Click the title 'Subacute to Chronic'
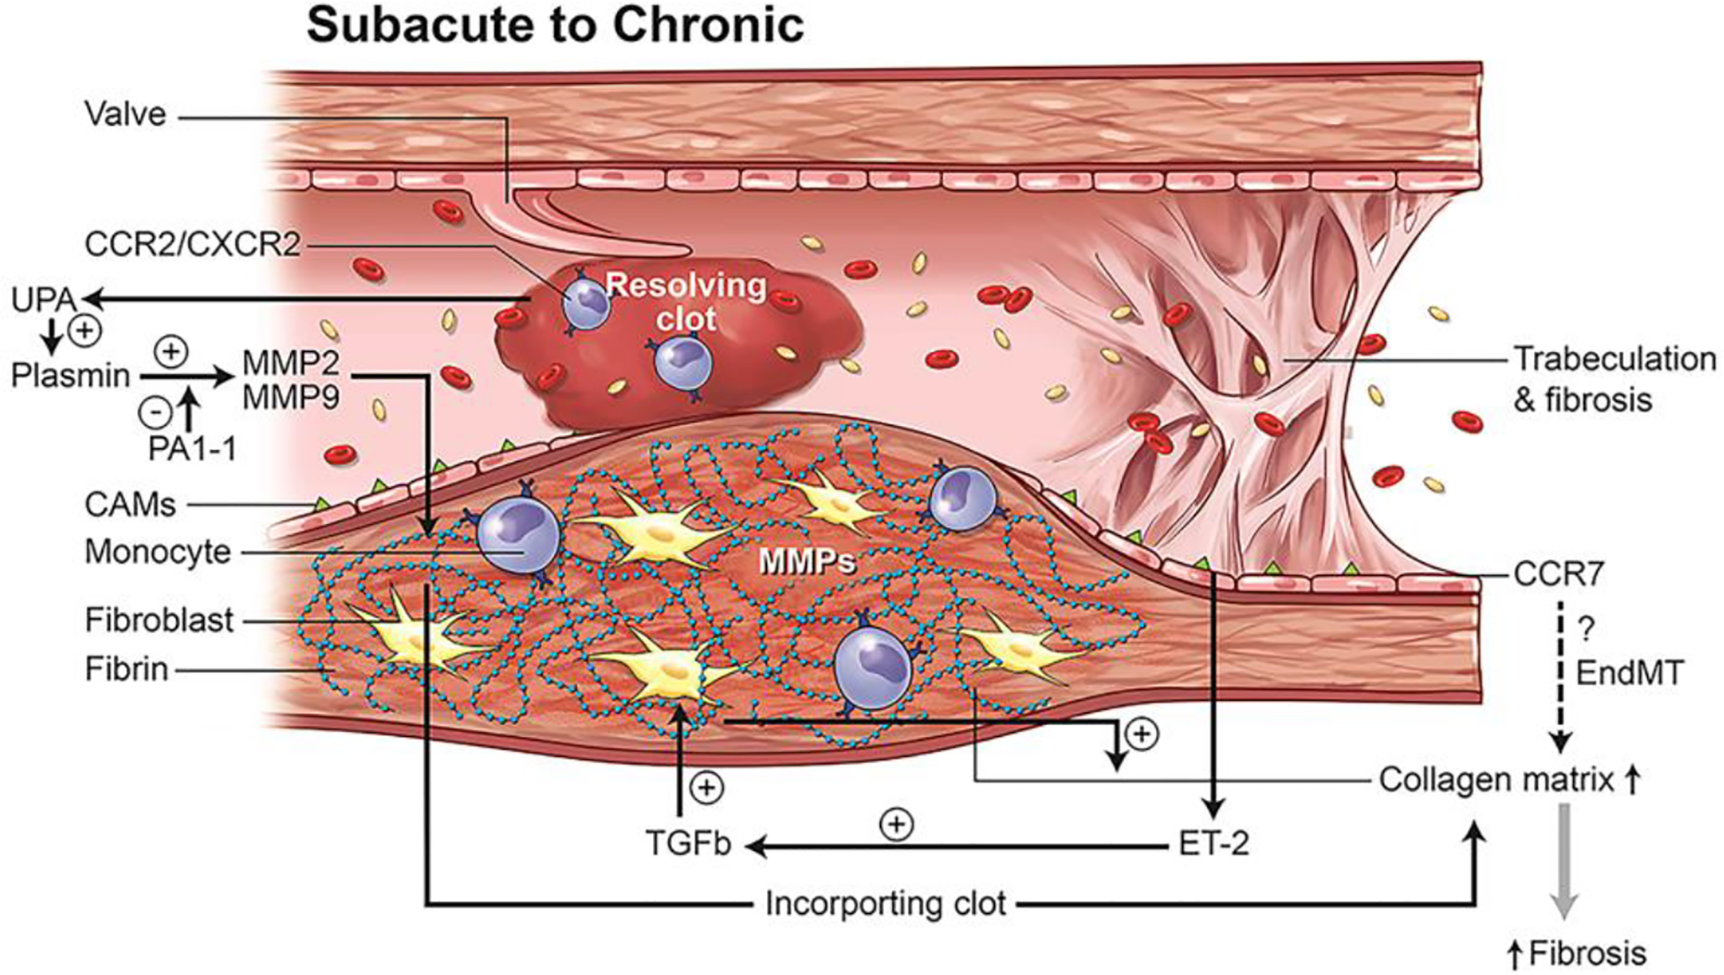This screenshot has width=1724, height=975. pyautogui.click(x=554, y=25)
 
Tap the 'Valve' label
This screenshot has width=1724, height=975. pyautogui.click(x=125, y=114)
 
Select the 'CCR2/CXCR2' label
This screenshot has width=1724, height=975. pyautogui.click(x=193, y=244)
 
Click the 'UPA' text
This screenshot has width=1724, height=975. pyautogui.click(x=42, y=301)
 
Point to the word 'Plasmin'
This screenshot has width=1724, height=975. pyautogui.click(x=70, y=376)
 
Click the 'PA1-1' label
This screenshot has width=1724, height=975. pyautogui.click(x=192, y=449)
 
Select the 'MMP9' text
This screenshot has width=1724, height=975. pyautogui.click(x=290, y=399)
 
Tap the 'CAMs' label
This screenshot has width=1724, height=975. pyautogui.click(x=130, y=505)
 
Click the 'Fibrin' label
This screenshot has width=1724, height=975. pyautogui.click(x=126, y=669)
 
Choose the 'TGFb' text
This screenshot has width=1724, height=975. pyautogui.click(x=689, y=844)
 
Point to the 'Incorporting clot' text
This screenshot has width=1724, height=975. pyautogui.click(x=885, y=903)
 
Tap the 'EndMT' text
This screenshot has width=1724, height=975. pyautogui.click(x=1629, y=674)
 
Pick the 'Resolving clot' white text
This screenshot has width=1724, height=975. pyautogui.click(x=686, y=301)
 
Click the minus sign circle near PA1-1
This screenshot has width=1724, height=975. pyautogui.click(x=156, y=412)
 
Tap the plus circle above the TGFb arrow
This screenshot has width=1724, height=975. pyautogui.click(x=706, y=788)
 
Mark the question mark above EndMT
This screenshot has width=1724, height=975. pyautogui.click(x=1587, y=629)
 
